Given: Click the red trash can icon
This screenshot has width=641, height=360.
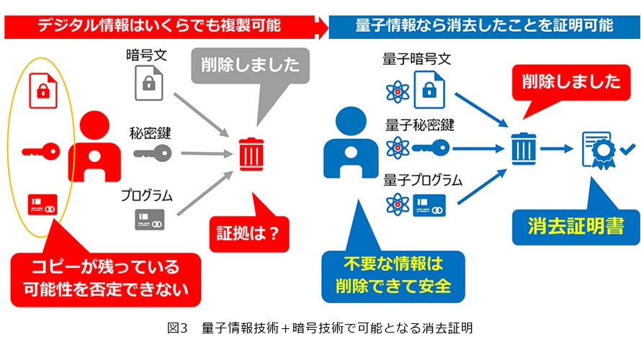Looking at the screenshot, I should point(250,153).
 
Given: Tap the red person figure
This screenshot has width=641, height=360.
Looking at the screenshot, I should point(94,147).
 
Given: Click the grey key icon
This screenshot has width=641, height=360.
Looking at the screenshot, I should point(153,153).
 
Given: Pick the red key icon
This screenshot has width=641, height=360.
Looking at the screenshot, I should point(39,151).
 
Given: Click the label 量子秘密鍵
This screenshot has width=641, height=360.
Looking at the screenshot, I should point(420,125).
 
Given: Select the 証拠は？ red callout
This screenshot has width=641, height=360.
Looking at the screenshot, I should point(248,232).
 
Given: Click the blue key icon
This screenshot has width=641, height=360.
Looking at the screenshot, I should point(431,148).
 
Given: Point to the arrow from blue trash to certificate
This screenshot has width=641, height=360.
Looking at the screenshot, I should point(557,150).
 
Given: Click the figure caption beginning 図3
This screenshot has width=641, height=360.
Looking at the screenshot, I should point(320,328).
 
